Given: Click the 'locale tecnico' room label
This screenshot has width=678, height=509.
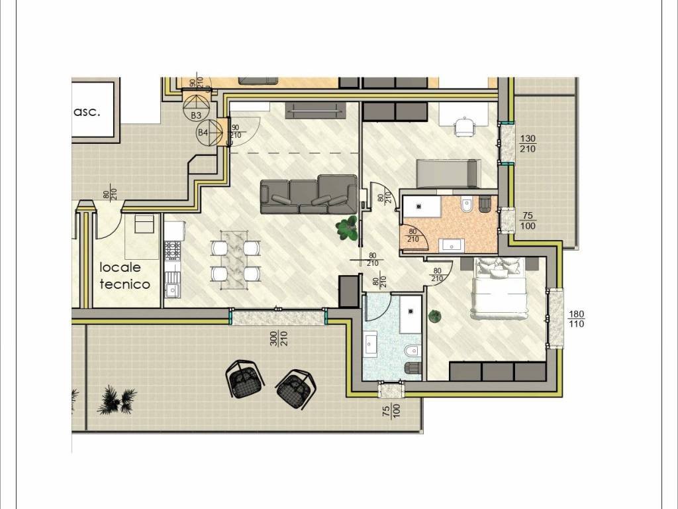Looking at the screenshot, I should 125,276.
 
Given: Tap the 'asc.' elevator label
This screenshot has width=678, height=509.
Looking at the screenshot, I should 87,111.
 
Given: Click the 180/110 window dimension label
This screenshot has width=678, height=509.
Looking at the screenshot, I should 575,318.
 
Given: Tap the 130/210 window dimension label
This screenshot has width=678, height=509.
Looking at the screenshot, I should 528,143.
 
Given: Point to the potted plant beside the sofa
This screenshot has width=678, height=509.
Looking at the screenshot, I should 346,229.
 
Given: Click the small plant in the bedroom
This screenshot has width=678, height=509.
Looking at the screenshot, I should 434,316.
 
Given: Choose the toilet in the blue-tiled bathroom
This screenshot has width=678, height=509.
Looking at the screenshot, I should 412,351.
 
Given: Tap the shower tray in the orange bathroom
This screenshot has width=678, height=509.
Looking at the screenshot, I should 421,205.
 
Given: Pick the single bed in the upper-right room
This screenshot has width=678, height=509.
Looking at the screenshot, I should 446,174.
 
